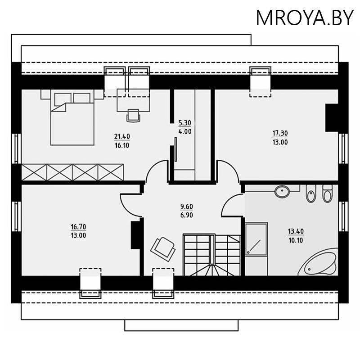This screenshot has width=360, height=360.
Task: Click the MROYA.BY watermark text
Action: coord(305,18)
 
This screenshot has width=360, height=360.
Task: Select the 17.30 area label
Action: coord(279,133)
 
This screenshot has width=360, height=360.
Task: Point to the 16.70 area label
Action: coord(78,227)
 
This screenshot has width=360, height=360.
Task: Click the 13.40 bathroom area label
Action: coord(296,231)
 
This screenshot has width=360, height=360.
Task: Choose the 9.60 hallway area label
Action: coord(186,207)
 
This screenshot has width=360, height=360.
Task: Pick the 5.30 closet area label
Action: coord(185,122)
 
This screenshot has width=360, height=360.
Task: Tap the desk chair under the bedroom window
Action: coord(133,115)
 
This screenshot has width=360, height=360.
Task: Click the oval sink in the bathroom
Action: coord(283,191)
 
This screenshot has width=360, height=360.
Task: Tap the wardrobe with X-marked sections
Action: coord(72,172)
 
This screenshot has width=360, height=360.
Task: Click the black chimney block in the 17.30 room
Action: coord(332,117)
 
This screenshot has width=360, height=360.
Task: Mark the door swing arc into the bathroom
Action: coord(230,205)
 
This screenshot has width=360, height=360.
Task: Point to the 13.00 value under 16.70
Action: coord(78,235)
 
